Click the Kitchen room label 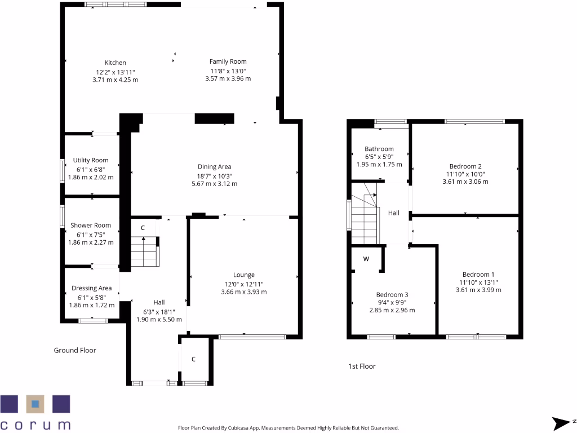[115, 63]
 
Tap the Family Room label [228, 61]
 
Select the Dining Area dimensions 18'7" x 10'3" [214, 175]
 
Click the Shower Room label [90, 225]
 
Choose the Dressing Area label [91, 288]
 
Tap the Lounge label [243, 275]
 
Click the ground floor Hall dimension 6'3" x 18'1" [159, 311]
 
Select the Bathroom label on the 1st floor [379, 149]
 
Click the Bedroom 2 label [465, 166]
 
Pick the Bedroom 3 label [392, 295]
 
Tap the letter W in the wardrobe [366, 259]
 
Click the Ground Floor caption [74, 350]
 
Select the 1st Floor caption [362, 366]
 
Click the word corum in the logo [35, 424]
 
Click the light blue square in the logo [35, 404]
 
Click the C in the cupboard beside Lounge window [193, 359]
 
